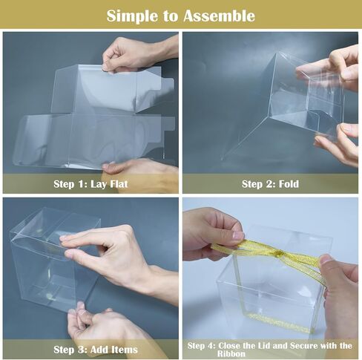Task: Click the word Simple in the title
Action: [x=132, y=16]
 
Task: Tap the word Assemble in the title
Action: [x=220, y=16]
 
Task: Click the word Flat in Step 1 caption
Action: [x=119, y=184]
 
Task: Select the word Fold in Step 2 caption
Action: [x=289, y=184]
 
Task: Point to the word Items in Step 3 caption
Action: [x=125, y=350]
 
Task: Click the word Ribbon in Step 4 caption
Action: [x=231, y=353]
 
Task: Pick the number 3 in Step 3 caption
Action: [x=80, y=350]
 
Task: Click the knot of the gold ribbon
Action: [x=279, y=253]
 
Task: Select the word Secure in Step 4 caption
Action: [x=305, y=345]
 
